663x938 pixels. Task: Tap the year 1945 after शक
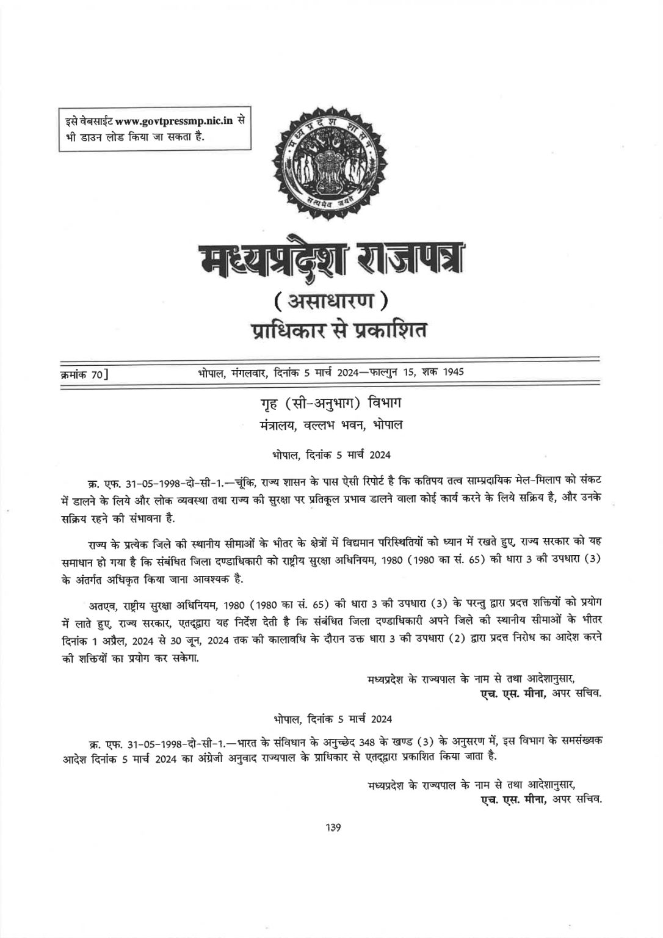tap(451, 372)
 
